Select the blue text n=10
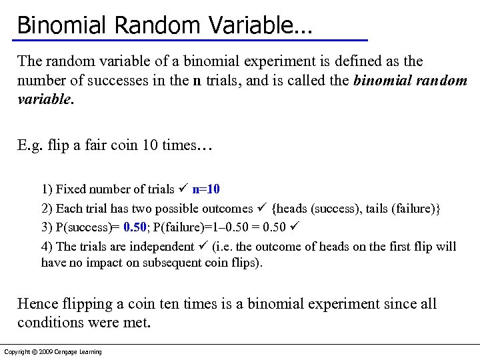click(211, 189)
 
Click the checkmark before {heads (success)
click(262, 208)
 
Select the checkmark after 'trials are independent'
click(203, 246)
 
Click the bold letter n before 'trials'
click(197, 81)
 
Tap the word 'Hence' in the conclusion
click(37, 304)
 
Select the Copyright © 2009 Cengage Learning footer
click(53, 352)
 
